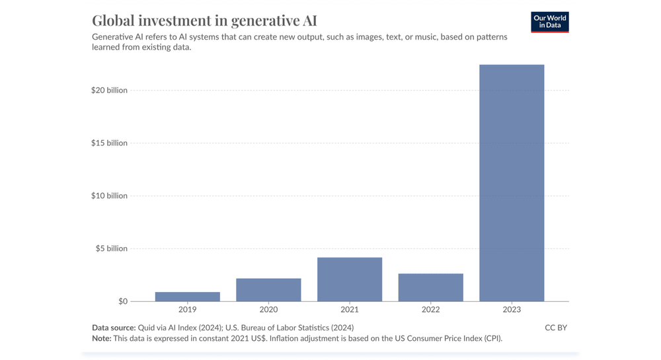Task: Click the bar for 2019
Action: tap(187, 297)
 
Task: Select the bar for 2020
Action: tap(268, 290)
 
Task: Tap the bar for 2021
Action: tap(350, 279)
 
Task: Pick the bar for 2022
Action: tap(430, 287)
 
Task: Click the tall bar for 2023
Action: tap(512, 183)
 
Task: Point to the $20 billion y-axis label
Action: tap(109, 90)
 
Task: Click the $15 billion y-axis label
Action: tap(109, 143)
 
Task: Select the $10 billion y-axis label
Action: tap(109, 196)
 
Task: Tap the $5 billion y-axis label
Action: tap(111, 248)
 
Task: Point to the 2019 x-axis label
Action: tap(187, 310)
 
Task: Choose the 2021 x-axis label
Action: tap(350, 310)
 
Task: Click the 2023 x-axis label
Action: tap(512, 310)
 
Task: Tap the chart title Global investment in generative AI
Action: tap(204, 20)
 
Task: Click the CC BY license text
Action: tap(555, 328)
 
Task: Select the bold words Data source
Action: tap(113, 328)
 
